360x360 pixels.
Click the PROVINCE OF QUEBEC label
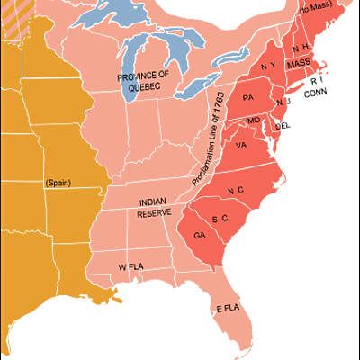143,80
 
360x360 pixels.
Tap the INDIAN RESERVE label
155,208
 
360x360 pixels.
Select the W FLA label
132,267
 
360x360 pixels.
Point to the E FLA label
229,310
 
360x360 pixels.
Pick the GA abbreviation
199,236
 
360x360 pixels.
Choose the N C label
236,191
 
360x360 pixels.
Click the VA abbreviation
240,145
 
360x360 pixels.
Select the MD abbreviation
254,121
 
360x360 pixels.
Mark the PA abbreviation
248,97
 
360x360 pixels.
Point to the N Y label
269,67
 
